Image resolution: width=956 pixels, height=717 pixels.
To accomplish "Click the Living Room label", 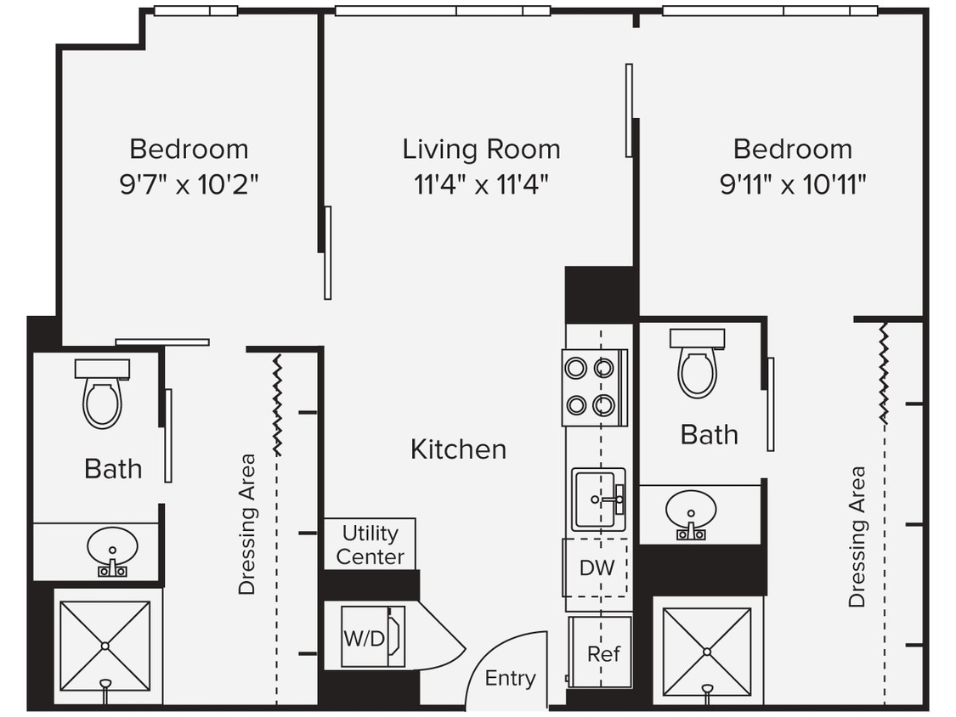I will pyautogui.click(x=481, y=150).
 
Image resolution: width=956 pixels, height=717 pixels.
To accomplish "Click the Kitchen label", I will pyautogui.click(x=458, y=449).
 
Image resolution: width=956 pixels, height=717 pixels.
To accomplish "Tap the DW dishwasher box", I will pyautogui.click(x=597, y=567).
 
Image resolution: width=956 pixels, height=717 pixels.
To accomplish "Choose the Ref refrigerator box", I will pyautogui.click(x=602, y=653).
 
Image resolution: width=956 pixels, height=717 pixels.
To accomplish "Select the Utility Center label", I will pyautogui.click(x=370, y=545).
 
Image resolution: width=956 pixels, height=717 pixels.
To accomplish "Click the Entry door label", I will pyautogui.click(x=510, y=678).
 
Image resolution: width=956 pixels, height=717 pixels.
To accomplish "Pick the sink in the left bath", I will pyautogui.click(x=112, y=548).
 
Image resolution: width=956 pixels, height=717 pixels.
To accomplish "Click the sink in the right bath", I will pyautogui.click(x=690, y=513).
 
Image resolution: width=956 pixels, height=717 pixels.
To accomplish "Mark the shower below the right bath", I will pyautogui.click(x=707, y=651).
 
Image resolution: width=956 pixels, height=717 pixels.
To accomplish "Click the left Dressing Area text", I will pyautogui.click(x=246, y=524).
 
